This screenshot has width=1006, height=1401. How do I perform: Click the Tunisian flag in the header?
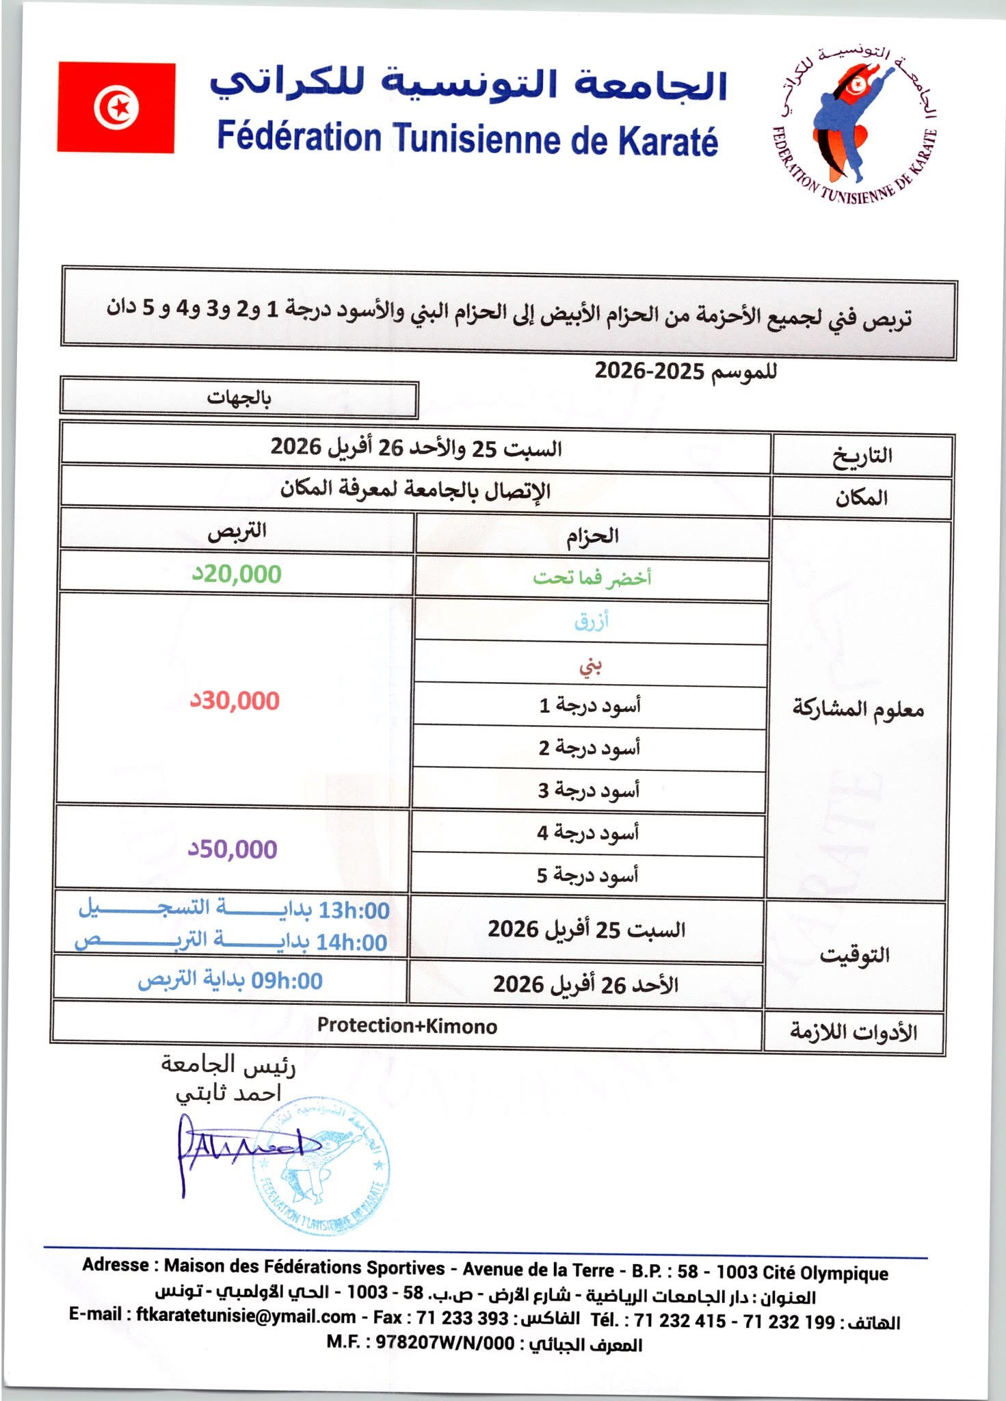(116, 107)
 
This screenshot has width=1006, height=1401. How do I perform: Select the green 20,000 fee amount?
(237, 574)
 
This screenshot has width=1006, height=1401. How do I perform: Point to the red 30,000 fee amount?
(235, 700)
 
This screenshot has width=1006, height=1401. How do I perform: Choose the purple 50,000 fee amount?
(233, 849)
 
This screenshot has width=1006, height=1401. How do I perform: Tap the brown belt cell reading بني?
(590, 664)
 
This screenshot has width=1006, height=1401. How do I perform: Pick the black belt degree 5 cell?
(587, 875)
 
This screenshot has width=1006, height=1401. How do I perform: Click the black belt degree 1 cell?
(590, 705)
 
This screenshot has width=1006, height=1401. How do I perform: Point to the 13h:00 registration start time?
(354, 911)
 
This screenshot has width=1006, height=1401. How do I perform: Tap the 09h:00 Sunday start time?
(287, 981)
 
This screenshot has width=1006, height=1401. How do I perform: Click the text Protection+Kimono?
(407, 1025)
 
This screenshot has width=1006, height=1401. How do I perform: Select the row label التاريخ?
(862, 455)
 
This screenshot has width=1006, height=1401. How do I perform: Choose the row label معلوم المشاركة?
(858, 709)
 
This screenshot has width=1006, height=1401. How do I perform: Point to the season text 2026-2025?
(649, 371)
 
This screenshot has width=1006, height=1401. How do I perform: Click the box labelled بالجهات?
(239, 398)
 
